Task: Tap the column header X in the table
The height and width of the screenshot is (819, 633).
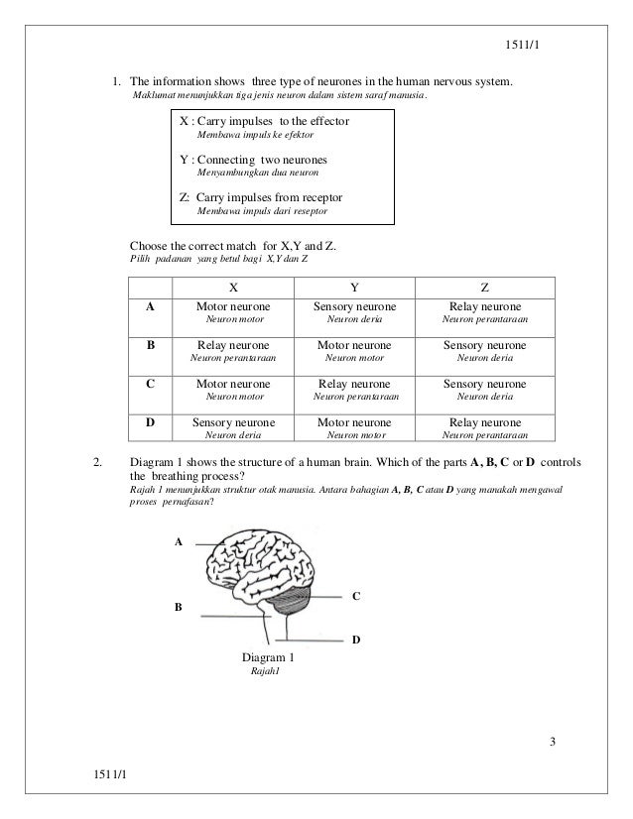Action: pyautogui.click(x=233, y=288)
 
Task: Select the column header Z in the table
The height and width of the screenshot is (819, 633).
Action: pyautogui.click(x=484, y=288)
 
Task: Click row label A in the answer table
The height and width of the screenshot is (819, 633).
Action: pyautogui.click(x=151, y=308)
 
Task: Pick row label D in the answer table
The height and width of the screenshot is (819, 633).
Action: pyautogui.click(x=151, y=422)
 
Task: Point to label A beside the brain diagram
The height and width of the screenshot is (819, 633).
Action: pyautogui.click(x=180, y=542)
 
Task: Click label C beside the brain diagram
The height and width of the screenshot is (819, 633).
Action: pyautogui.click(x=356, y=596)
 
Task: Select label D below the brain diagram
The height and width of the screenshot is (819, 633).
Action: pyautogui.click(x=356, y=641)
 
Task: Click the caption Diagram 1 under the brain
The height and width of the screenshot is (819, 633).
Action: pyautogui.click(x=268, y=657)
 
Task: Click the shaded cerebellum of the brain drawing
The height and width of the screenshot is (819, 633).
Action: pyautogui.click(x=294, y=598)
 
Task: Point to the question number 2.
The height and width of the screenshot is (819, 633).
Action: pyautogui.click(x=96, y=462)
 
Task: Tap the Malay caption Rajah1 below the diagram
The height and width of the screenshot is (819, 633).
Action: pyautogui.click(x=269, y=671)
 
